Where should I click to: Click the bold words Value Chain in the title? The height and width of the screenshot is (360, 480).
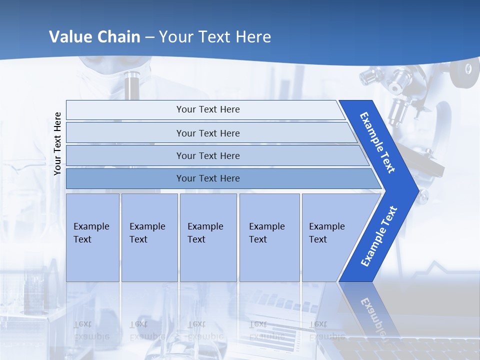click(94, 37)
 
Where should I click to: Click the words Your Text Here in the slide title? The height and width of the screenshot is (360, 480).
click(215, 37)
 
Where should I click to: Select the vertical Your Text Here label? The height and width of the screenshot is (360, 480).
click(57, 143)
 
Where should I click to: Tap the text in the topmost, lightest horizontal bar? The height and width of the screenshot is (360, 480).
click(208, 109)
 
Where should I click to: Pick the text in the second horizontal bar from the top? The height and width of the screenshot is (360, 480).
click(208, 133)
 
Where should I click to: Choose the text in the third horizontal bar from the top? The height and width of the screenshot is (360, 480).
click(208, 156)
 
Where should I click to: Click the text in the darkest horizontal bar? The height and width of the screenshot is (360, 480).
click(208, 178)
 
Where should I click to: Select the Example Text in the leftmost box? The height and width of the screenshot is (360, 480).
click(91, 233)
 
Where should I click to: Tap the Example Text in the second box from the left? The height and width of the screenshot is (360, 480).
click(147, 233)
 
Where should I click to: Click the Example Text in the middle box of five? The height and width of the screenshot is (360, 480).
click(205, 233)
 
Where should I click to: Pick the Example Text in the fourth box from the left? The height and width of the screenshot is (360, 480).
click(266, 233)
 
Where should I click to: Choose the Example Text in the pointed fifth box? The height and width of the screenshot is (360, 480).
click(326, 233)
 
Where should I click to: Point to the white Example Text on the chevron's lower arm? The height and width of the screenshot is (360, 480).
click(379, 236)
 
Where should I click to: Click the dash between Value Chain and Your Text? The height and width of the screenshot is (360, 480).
click(149, 37)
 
